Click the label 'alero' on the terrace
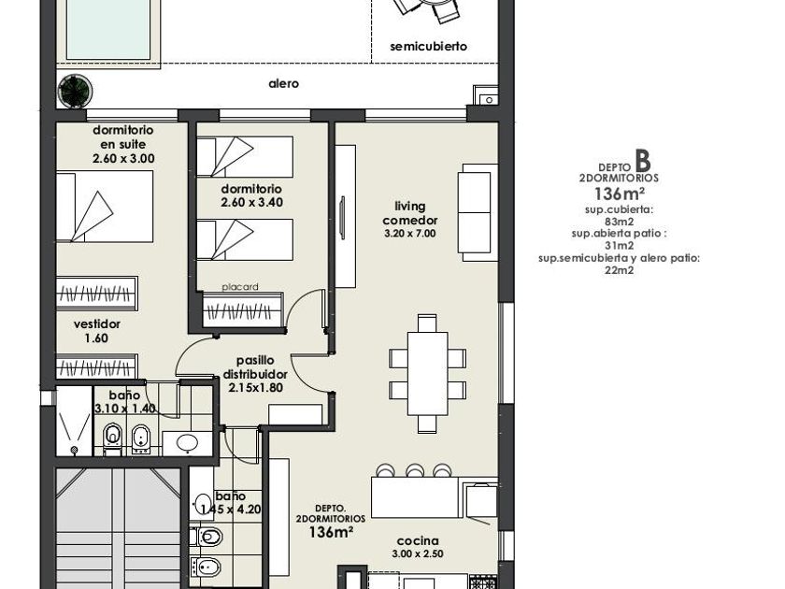(283, 83)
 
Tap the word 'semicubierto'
(429, 47)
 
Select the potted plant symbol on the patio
(75, 91)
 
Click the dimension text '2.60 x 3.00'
(123, 159)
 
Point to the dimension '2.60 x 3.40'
(251, 202)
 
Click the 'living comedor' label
(410, 213)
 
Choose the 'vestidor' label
(97, 324)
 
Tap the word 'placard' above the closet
(240, 287)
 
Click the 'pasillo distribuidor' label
(255, 367)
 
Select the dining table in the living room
(428, 373)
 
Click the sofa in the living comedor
(478, 212)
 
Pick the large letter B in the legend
(643, 160)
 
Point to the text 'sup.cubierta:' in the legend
(620, 209)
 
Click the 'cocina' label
(418, 541)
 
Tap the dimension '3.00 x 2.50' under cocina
(418, 553)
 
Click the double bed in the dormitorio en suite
(105, 207)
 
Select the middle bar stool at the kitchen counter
(415, 471)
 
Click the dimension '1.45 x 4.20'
(231, 510)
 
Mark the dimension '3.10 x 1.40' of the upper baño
(125, 409)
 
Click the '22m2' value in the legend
(620, 270)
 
